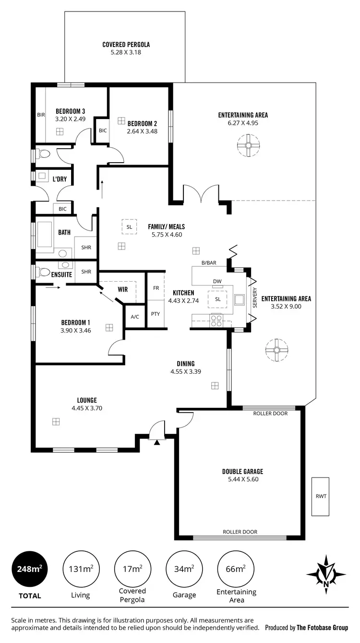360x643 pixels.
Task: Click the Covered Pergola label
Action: click(126, 45)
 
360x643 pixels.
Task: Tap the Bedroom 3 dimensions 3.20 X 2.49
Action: click(70, 119)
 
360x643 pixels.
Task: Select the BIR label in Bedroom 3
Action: click(40, 115)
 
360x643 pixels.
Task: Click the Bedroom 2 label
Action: click(142, 123)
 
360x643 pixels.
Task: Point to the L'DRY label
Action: click(60, 179)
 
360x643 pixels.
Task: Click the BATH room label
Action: click(64, 232)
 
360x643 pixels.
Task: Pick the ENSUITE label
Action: click(62, 275)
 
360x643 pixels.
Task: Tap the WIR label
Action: click(122, 289)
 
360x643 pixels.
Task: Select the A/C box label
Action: click(135, 317)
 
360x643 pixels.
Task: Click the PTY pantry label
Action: click(156, 314)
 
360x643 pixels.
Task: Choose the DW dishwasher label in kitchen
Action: click(217, 282)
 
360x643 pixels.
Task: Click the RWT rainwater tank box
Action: click(321, 496)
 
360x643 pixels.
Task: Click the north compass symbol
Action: click(326, 574)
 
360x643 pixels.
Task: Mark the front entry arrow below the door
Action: click(157, 442)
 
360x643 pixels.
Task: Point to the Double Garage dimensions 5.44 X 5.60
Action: click(242, 479)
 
